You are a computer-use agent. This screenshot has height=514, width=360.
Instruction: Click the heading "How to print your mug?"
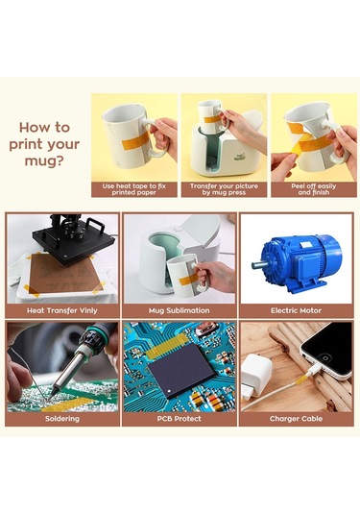(44, 144)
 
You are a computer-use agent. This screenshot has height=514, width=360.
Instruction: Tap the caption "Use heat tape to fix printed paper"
(134, 189)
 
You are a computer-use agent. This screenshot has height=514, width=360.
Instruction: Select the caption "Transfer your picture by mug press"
(224, 189)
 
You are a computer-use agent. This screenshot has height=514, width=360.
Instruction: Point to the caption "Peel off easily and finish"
(314, 189)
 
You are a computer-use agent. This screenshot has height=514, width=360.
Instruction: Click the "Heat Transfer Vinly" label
(62, 310)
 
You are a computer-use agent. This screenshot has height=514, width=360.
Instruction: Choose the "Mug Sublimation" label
(180, 310)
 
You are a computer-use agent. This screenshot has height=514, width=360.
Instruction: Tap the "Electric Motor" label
(296, 310)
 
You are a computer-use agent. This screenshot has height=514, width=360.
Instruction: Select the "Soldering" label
(62, 419)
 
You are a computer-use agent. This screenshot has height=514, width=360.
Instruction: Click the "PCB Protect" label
(180, 419)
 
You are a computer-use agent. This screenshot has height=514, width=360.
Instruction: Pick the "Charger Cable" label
(296, 419)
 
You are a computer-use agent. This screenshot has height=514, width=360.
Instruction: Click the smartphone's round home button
(325, 357)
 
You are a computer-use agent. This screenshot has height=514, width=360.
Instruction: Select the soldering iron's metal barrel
(67, 371)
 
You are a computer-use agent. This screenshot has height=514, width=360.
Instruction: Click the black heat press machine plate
(75, 241)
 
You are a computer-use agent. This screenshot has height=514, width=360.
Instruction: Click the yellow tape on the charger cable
(301, 380)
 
